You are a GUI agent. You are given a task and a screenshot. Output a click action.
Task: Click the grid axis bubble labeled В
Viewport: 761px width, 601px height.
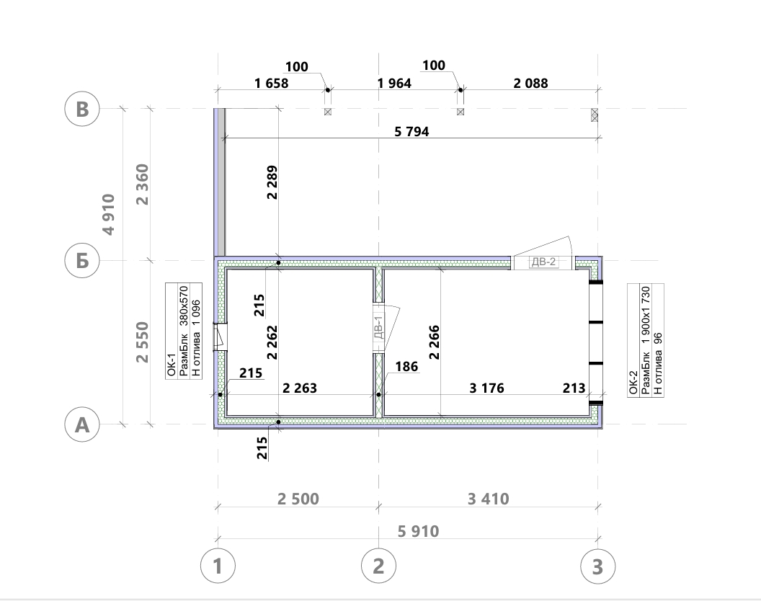82,109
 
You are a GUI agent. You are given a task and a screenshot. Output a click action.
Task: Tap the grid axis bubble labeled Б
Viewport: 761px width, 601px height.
82,260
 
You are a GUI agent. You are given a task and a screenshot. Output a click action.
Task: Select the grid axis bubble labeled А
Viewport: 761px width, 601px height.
82,424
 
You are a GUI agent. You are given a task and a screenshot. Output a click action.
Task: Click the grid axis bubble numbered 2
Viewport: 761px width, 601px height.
378,566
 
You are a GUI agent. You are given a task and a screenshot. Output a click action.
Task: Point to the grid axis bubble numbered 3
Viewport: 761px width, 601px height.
598,566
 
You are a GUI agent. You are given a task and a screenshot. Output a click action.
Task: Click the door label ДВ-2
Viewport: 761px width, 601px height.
543,262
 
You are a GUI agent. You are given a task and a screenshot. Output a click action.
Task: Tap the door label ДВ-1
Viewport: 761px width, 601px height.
379,326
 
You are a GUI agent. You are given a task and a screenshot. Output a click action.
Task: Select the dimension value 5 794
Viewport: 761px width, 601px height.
411,132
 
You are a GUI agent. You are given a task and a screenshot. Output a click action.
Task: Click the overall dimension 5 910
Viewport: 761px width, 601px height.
419,531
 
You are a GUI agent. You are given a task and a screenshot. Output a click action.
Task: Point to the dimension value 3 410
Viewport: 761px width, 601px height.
489,499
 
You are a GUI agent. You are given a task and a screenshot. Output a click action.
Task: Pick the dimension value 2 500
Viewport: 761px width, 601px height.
298,499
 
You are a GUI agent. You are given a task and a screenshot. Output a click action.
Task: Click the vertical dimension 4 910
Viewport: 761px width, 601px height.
109,215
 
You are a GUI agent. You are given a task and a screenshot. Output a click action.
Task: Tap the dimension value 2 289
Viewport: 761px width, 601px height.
272,182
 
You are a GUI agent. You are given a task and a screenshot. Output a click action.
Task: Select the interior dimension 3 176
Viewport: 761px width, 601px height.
486,388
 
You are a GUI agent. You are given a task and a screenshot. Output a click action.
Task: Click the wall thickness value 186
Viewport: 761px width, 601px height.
406,367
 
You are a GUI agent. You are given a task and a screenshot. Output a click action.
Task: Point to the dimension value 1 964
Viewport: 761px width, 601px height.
394,84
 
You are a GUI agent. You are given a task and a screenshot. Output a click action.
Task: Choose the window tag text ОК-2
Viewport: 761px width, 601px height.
633,383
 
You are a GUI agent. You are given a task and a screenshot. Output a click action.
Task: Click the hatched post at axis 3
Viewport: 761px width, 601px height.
595,115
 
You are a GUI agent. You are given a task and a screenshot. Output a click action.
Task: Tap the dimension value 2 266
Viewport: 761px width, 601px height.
435,342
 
